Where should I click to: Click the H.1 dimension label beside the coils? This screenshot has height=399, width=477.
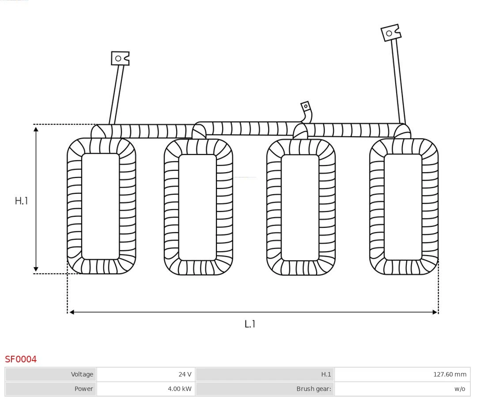tap(21, 201)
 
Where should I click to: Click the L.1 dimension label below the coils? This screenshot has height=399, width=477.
tap(250, 324)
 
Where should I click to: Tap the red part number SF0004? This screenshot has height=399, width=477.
tap(21, 359)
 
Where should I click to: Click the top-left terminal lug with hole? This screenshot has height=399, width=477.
tap(120, 58)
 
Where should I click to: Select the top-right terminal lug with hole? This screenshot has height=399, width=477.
tap(390, 33)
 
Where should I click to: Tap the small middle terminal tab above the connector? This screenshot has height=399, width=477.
tap(305, 106)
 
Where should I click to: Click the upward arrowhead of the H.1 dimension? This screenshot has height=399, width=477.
tap(36, 128)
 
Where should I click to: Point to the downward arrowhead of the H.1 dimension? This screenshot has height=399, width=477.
tap(36, 269)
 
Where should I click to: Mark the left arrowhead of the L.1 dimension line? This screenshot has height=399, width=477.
tap(72, 312)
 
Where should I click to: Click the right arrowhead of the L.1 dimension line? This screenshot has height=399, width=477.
tap(435, 312)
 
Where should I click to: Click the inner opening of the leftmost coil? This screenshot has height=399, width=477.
tap(101, 206)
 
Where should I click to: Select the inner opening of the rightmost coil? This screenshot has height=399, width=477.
tap(403, 207)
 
